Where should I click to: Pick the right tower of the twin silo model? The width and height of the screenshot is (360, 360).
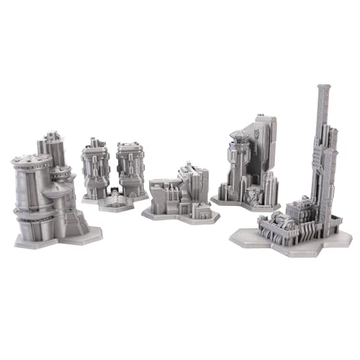(x=130, y=171)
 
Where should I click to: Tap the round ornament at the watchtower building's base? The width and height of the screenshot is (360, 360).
(x=253, y=195)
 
